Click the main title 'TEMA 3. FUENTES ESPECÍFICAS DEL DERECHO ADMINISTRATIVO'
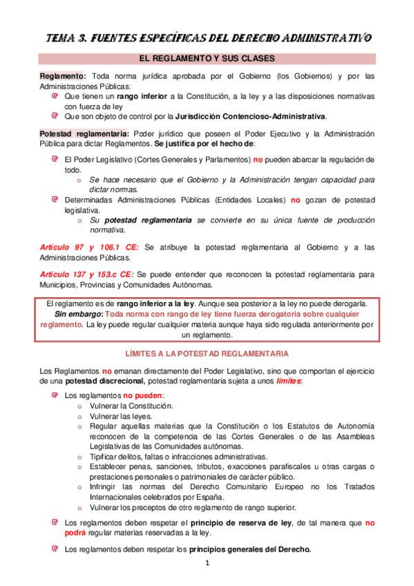(207, 37)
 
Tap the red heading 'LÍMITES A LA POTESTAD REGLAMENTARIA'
(207, 353)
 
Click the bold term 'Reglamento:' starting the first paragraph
(63, 76)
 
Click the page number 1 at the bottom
(207, 563)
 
